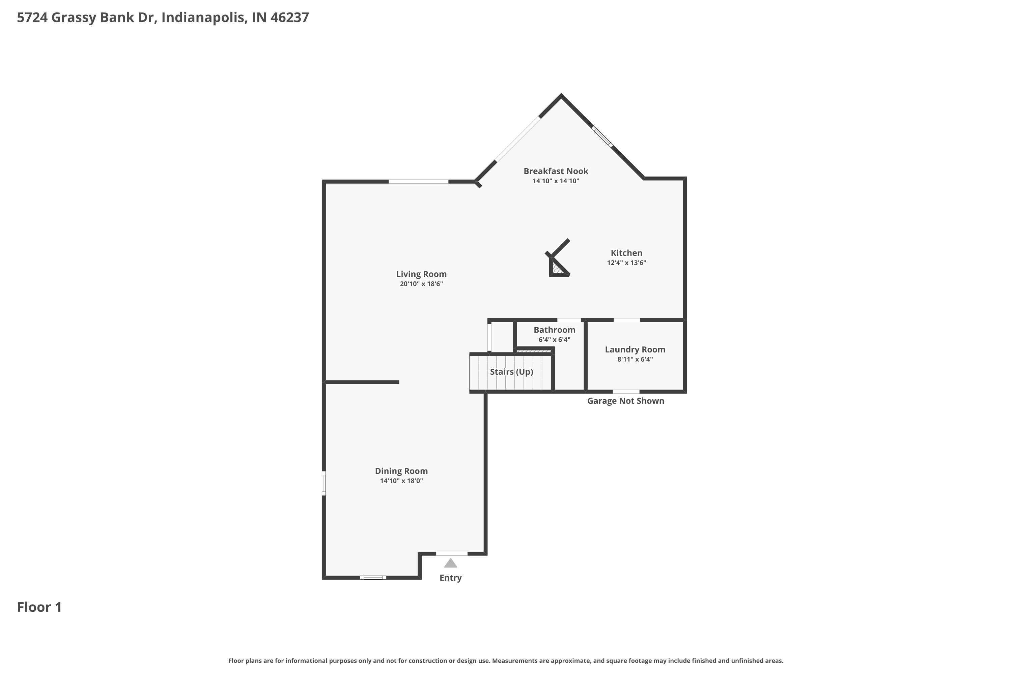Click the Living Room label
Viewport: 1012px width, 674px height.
click(x=421, y=274)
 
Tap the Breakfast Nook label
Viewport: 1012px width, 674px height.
click(x=556, y=171)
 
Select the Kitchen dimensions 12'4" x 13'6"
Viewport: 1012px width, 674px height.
click(x=626, y=263)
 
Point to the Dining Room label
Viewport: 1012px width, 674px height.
click(x=401, y=471)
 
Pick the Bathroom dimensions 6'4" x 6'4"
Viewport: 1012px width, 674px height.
click(x=554, y=340)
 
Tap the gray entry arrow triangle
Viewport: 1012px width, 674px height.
click(x=450, y=563)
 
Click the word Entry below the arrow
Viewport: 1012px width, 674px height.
click(x=450, y=578)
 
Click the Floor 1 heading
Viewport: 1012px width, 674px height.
click(x=39, y=607)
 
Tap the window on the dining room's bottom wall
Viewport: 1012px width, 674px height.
click(x=373, y=577)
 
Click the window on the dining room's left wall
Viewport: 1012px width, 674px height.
click(x=324, y=483)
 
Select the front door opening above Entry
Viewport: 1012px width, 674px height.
click(x=451, y=554)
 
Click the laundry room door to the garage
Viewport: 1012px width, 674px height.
click(x=626, y=392)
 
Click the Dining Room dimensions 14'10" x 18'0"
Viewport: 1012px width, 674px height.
click(x=401, y=481)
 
